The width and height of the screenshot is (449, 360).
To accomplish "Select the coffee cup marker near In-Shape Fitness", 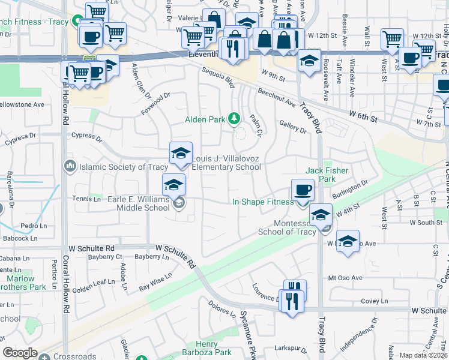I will [x=303, y=190].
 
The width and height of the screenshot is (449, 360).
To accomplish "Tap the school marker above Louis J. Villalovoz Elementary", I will [x=181, y=153].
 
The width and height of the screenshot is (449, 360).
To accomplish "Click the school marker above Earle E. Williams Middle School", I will [x=173, y=184].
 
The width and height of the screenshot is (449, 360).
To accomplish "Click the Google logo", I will [x=20, y=353].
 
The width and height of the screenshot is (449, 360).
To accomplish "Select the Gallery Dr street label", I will [x=293, y=127].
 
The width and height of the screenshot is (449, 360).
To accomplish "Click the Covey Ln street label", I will [x=375, y=301].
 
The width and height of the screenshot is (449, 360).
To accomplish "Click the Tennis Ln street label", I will [x=86, y=199].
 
